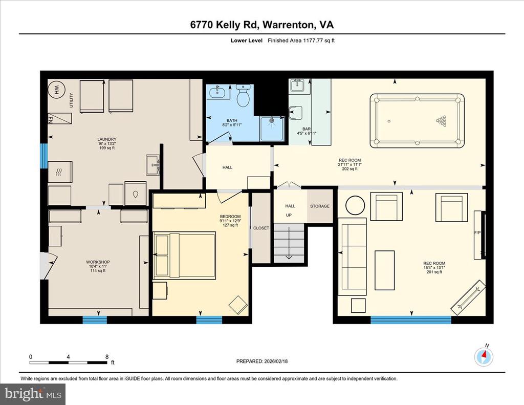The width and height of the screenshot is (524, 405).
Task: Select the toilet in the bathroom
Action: [x=243, y=96]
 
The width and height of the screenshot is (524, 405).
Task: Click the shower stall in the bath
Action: [x=271, y=127]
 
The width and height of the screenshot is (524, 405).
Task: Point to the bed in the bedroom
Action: [x=185, y=255]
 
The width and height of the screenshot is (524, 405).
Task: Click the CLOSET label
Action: [x=261, y=228]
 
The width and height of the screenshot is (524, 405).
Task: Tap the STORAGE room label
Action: [x=320, y=206]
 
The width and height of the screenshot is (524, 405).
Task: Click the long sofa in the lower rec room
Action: [x=352, y=257]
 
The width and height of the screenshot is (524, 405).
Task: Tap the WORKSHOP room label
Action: [x=98, y=262]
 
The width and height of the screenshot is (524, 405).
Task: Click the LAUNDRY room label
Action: [x=107, y=139]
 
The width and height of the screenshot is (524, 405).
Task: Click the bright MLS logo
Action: [x=33, y=394]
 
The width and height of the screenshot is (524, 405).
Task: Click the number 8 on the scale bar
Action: [x=106, y=357]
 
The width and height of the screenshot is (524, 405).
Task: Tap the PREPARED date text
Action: [x=261, y=361]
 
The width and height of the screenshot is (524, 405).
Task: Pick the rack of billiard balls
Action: [x=441, y=121]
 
